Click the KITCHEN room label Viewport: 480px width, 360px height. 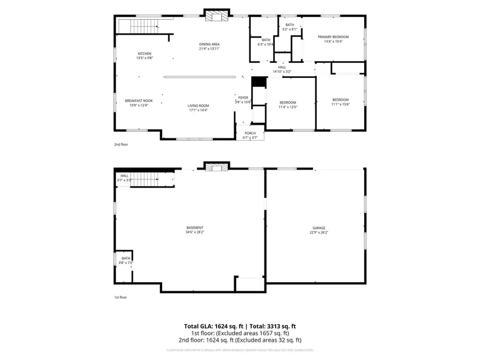tap(145, 53)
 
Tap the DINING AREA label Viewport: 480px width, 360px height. tap(209, 44)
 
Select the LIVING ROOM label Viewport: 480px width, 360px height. tap(198, 106)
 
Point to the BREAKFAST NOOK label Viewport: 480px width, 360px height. tap(139, 101)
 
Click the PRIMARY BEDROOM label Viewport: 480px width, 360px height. tap(333, 37)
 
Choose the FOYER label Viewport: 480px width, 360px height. tap(243, 98)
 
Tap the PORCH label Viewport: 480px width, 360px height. tap(250, 133)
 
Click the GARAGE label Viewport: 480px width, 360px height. tap(319, 228)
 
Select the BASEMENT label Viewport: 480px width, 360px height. tap(195, 228)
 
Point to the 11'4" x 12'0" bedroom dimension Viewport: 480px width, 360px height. tap(288, 107)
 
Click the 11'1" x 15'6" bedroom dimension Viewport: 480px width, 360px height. tap(340, 104)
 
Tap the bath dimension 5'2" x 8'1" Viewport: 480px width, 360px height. tap(290, 29)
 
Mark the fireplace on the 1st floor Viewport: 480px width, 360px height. tap(216, 168)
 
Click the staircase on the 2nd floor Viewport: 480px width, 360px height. tap(138, 25)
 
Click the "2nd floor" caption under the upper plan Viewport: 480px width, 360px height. tap(121, 145)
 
